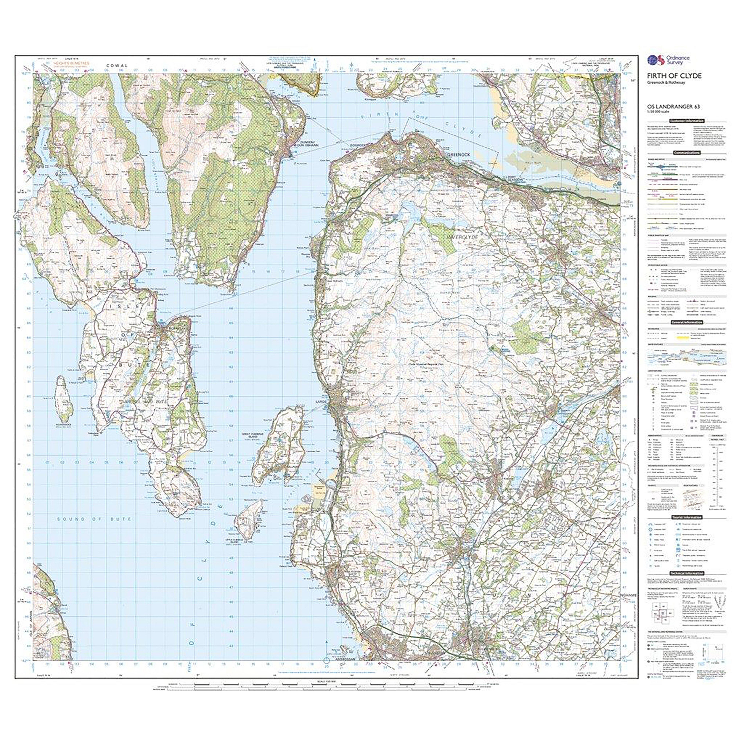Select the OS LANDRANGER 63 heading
coord(669,107)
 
